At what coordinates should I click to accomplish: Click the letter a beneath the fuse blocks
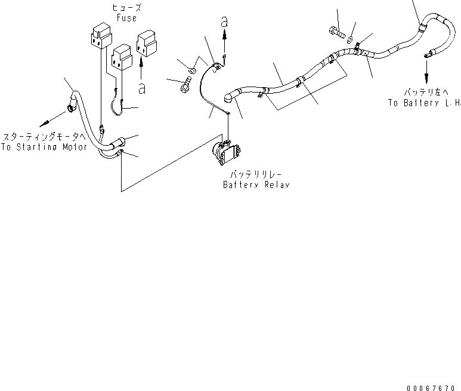click(x=141, y=88)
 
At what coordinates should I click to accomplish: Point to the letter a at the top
click(x=224, y=21)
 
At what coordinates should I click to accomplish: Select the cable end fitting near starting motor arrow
click(x=70, y=108)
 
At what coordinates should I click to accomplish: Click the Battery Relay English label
click(x=256, y=185)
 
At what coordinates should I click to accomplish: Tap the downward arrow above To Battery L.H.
click(x=426, y=78)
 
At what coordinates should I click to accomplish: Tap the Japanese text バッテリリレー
click(x=255, y=176)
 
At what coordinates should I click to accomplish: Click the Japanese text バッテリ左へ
click(x=425, y=93)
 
